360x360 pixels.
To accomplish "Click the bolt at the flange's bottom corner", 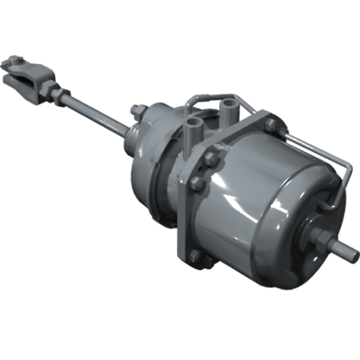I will tap(194, 256).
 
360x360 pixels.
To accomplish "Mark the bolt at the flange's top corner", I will tap(269, 123).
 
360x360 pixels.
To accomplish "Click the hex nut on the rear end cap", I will tap(321, 238).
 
